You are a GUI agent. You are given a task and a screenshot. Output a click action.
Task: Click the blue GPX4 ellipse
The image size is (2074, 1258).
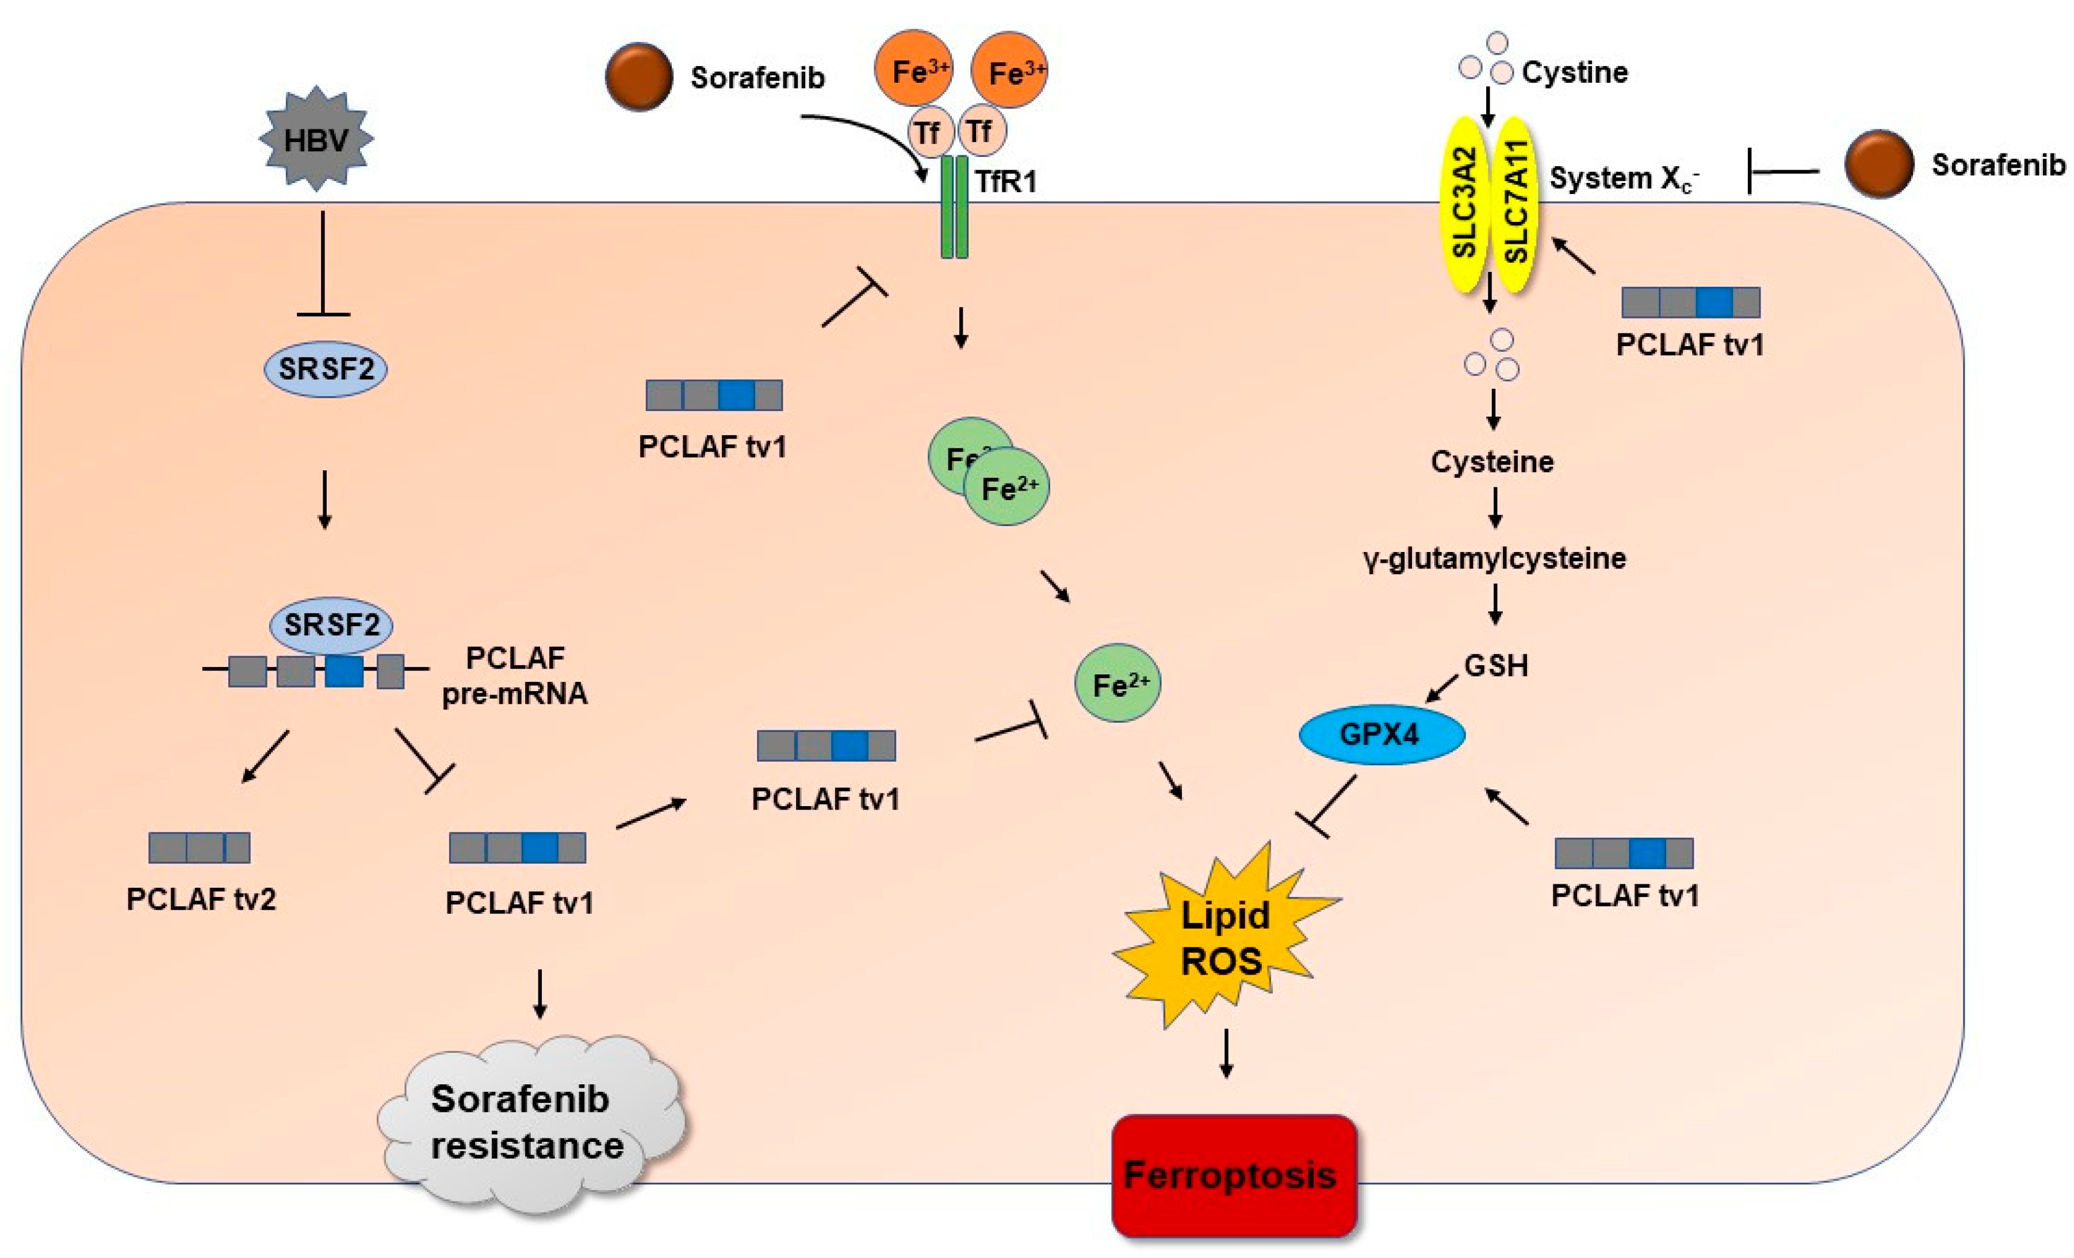(1382, 735)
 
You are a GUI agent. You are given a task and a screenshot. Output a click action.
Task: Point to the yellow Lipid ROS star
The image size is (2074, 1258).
(1224, 938)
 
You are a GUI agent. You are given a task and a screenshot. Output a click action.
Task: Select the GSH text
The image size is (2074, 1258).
(1496, 666)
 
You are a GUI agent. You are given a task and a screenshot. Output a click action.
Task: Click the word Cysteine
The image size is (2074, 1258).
(1491, 461)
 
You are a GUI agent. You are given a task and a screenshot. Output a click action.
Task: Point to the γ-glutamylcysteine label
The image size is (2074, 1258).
(1494, 558)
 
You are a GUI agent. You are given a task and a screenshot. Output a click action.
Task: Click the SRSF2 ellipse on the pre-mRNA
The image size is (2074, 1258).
(331, 625)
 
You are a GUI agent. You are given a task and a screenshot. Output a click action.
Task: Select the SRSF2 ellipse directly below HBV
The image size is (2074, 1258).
(326, 369)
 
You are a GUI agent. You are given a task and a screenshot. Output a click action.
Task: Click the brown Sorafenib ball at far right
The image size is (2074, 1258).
(1878, 164)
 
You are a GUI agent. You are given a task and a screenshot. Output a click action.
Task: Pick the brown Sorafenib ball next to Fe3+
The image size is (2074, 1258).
(639, 76)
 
